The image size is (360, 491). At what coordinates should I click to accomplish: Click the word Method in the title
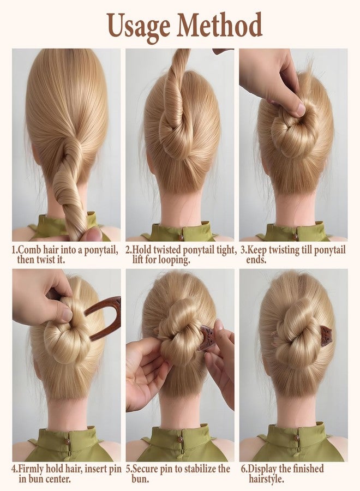click(x=219, y=25)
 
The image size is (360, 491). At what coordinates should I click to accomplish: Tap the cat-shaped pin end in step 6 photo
click(x=326, y=336)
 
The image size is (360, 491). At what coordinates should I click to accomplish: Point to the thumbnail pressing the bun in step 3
click(x=301, y=109)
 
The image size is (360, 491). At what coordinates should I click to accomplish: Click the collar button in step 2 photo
click(x=181, y=237)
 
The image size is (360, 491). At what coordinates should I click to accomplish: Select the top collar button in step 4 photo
click(x=67, y=441)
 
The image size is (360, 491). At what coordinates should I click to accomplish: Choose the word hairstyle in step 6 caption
click(x=266, y=479)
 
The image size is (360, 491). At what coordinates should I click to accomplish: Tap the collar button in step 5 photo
click(x=179, y=439)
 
